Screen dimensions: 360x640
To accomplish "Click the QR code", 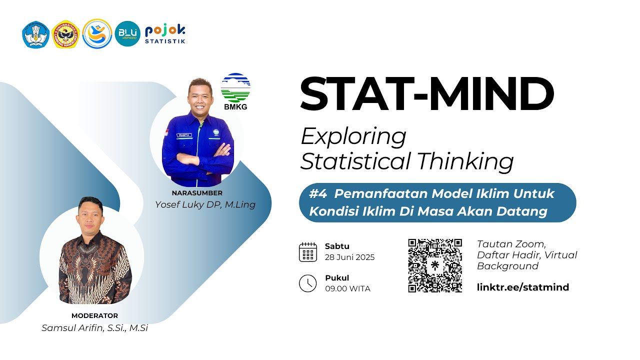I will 435,265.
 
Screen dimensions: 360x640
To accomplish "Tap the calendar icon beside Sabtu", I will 307,252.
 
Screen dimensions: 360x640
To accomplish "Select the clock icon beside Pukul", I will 307,283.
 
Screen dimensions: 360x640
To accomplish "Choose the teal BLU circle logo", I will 127,33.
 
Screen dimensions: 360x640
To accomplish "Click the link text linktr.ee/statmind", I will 523,287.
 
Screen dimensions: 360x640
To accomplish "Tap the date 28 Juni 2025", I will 349,257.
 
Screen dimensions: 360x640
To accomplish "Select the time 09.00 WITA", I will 347,288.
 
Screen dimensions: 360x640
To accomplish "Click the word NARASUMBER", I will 196,193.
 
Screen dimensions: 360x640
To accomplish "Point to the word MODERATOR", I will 94,315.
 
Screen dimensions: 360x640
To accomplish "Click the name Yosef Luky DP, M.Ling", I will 205,204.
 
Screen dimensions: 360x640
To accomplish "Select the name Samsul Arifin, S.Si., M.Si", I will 94,328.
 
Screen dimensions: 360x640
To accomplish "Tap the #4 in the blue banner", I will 318,193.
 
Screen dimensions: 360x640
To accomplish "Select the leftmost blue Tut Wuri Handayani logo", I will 34,34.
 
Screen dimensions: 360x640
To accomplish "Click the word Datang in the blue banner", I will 522,211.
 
